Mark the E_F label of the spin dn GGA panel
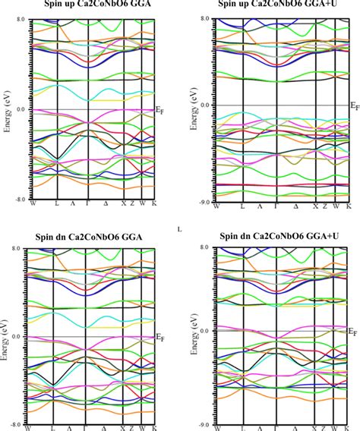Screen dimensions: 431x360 [160, 338]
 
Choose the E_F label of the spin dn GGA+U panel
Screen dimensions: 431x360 [352, 332]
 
